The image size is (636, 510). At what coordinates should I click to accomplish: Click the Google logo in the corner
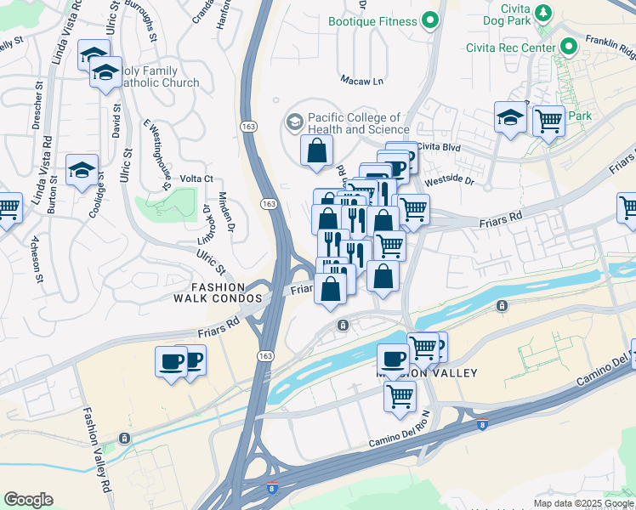click(x=28, y=500)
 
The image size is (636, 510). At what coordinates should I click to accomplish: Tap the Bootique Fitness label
click(x=372, y=20)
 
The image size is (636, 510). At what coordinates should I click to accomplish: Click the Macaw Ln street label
click(x=362, y=82)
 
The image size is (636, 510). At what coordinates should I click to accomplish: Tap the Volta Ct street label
click(x=196, y=178)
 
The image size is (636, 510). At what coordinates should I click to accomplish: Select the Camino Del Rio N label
click(x=401, y=436)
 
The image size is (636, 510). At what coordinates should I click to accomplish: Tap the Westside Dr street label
click(x=448, y=181)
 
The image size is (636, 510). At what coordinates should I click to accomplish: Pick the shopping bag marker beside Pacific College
click(x=316, y=151)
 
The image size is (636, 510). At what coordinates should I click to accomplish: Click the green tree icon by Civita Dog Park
click(x=541, y=14)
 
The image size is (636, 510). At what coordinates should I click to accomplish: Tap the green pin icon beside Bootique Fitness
click(x=430, y=20)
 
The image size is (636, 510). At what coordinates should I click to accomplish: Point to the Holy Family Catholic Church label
click(x=160, y=76)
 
